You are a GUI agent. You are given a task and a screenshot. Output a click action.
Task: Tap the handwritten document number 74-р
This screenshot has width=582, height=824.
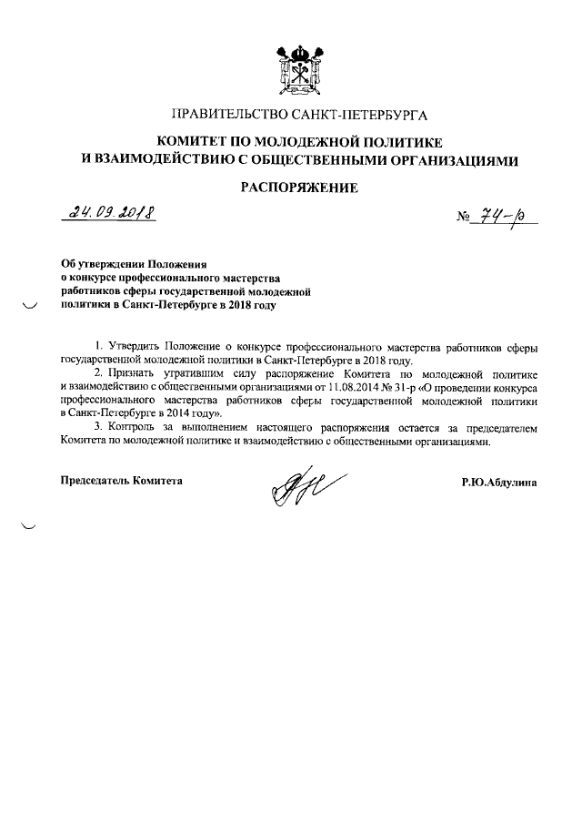click(506, 218)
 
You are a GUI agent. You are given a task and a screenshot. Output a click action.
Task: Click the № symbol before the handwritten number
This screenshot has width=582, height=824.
click(464, 219)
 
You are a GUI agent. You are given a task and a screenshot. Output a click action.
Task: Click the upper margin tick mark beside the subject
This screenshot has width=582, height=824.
click(29, 307)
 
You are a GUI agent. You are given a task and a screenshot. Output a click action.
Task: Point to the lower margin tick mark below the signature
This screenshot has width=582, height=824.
click(29, 525)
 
